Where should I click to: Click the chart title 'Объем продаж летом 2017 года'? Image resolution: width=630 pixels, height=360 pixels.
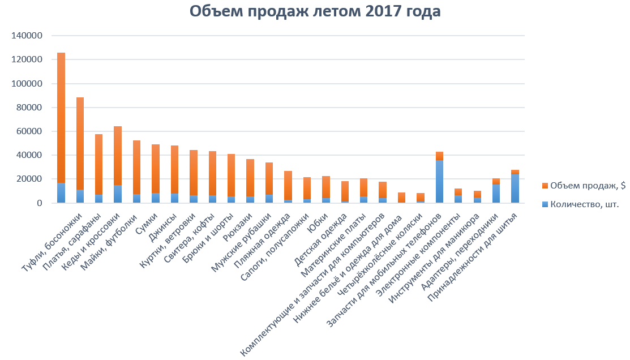click(x=315, y=12)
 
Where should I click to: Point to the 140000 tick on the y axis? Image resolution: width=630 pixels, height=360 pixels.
click(x=27, y=36)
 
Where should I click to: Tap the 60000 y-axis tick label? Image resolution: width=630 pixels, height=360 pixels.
click(x=29, y=131)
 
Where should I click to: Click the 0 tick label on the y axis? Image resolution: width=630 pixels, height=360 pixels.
click(x=40, y=203)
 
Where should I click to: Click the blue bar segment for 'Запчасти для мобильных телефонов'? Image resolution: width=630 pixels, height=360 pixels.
click(x=439, y=182)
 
